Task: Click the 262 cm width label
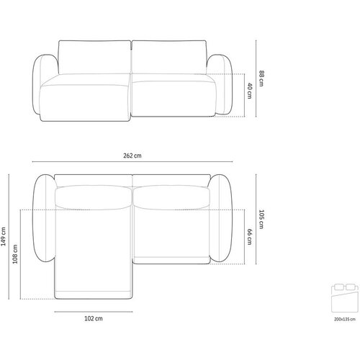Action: (x=132, y=156)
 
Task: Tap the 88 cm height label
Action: (x=261, y=78)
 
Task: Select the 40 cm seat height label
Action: (x=250, y=91)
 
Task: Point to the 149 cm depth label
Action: (x=4, y=237)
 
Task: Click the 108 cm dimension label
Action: (x=15, y=254)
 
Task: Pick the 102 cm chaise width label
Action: (x=94, y=318)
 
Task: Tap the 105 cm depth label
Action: (x=261, y=220)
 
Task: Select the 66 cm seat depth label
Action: (x=250, y=237)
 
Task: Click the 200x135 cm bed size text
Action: (x=345, y=319)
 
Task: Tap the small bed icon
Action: (x=345, y=298)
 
